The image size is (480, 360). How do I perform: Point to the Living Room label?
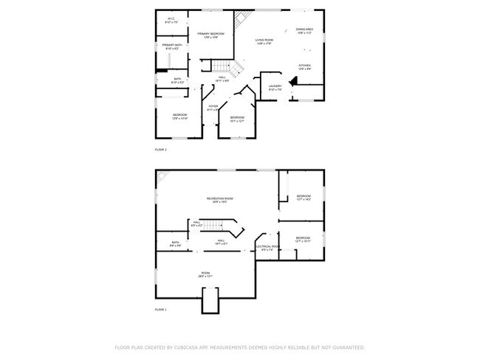(x=264, y=41)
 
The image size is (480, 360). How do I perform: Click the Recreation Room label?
(x=219, y=200)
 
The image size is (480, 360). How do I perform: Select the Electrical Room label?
(x=267, y=248)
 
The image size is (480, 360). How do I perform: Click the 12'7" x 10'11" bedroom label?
(x=304, y=239)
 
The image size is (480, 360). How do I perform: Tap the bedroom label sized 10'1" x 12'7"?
(x=237, y=119)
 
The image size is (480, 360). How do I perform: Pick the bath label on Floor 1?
(x=175, y=244)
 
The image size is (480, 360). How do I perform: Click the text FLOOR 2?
(x=161, y=150)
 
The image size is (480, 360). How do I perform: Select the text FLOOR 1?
(x=161, y=310)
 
